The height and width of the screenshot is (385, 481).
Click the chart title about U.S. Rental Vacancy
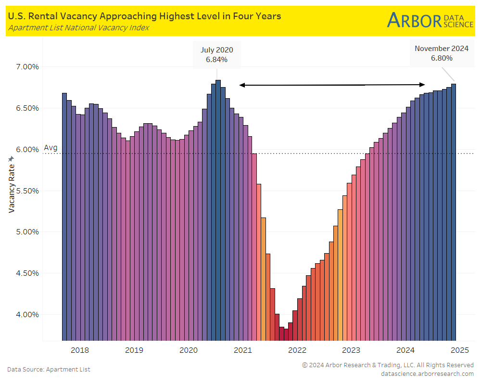coord(144,16)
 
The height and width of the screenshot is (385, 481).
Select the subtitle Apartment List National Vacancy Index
coord(78,28)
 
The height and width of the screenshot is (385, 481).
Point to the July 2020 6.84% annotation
coord(216,54)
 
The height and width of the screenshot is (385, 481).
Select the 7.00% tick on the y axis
coord(25,66)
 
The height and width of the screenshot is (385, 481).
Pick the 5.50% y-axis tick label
coord(25,191)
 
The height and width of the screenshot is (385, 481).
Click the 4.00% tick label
coord(25,314)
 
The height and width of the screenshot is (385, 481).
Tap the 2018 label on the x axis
coord(79,350)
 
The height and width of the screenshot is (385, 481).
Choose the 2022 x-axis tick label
coord(297,350)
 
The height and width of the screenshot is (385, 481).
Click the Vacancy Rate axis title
coord(11,184)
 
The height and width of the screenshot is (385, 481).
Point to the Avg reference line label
coord(51,148)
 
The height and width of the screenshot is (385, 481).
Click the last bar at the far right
coord(454,212)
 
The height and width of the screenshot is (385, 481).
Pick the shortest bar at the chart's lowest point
coord(286,335)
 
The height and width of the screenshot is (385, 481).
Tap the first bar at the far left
coord(64,217)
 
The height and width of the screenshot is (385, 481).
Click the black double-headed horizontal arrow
coord(332,85)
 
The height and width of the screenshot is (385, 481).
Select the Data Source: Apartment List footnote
coord(49,369)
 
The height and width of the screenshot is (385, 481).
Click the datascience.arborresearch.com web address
coord(427,373)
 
